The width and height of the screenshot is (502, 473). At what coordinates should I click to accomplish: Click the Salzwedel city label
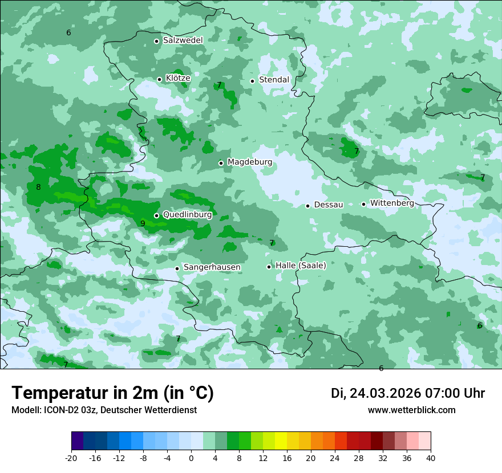[x=183, y=40]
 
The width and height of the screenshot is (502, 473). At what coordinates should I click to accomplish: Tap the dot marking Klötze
[x=159, y=79]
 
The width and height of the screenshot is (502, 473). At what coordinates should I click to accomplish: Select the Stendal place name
[x=274, y=80]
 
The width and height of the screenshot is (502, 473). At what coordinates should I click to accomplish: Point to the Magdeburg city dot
[x=221, y=163]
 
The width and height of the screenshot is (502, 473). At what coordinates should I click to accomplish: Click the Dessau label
[x=329, y=205]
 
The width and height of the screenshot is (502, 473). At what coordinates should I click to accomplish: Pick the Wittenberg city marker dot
[x=363, y=204]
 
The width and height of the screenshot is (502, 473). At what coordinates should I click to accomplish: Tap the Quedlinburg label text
[x=187, y=215]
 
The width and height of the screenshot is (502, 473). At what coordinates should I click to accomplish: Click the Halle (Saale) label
[x=301, y=266]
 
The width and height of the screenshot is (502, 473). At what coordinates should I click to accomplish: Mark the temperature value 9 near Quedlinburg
[x=143, y=223]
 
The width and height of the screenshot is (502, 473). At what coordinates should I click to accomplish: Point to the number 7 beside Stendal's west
[x=219, y=85]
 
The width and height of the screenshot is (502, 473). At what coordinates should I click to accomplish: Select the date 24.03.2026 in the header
[x=385, y=393]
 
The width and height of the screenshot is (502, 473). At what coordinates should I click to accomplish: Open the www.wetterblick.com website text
[x=411, y=410]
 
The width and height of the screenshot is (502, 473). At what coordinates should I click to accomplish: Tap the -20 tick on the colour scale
[x=71, y=458]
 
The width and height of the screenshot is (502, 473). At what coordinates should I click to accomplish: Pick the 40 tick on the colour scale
[x=430, y=458]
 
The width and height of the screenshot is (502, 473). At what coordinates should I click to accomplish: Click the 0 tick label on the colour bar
[x=191, y=458]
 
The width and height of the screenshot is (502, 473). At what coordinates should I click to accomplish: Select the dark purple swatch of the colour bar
[x=77, y=441]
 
